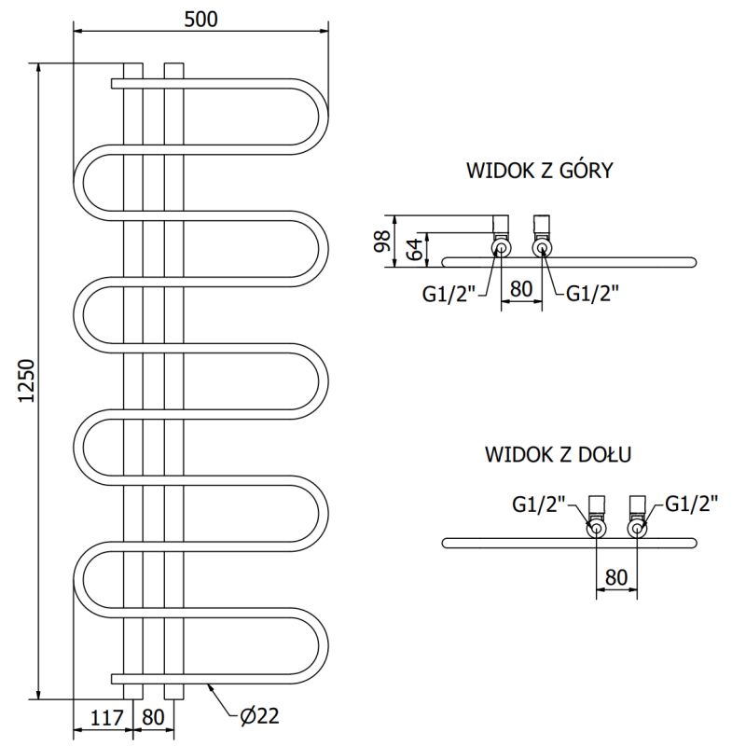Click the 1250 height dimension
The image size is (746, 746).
point(27,380)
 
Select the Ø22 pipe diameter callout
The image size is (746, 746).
point(259,716)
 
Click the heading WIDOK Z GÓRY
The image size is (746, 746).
point(538,171)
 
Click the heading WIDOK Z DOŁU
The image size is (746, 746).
point(559,455)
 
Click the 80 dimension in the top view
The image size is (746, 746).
point(521,289)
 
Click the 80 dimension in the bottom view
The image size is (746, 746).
point(615,576)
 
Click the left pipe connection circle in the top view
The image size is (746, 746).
point(501,248)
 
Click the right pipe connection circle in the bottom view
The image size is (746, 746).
point(637,530)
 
